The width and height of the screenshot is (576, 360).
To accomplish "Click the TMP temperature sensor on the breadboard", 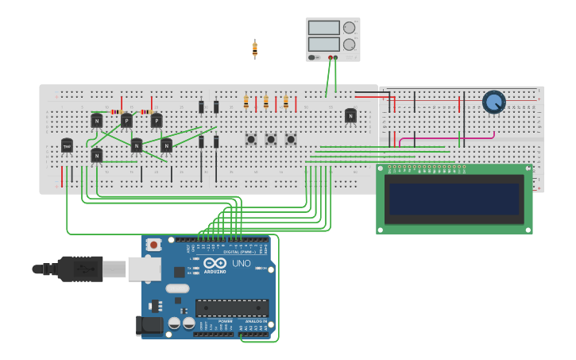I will click(x=67, y=146).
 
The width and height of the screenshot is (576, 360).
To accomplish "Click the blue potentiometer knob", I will click(x=493, y=102).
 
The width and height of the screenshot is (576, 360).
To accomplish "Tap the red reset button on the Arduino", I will click(x=153, y=245).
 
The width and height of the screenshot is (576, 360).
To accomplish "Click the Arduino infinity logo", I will click(x=215, y=263).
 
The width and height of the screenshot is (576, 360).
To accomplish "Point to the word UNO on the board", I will click(x=241, y=263).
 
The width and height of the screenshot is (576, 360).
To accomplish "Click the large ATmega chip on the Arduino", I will click(x=231, y=308).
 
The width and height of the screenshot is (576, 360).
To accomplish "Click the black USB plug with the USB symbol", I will click(x=79, y=269).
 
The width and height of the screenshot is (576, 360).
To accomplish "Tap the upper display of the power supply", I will click(x=323, y=28).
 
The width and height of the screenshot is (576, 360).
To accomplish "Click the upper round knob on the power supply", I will click(x=350, y=27).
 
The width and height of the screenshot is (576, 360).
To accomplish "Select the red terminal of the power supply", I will click(x=330, y=57).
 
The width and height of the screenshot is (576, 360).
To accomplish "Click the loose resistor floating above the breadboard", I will click(x=254, y=49).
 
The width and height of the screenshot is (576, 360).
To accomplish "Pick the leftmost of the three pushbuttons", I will click(x=251, y=139).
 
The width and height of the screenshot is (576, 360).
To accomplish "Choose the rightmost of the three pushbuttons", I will click(x=291, y=139).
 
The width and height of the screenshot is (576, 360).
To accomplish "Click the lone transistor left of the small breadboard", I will click(x=350, y=116).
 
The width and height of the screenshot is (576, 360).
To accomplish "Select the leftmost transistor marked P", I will click(x=126, y=121).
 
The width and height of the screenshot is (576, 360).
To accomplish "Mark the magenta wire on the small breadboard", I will click(x=445, y=138).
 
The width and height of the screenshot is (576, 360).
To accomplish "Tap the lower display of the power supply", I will click(x=323, y=44).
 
